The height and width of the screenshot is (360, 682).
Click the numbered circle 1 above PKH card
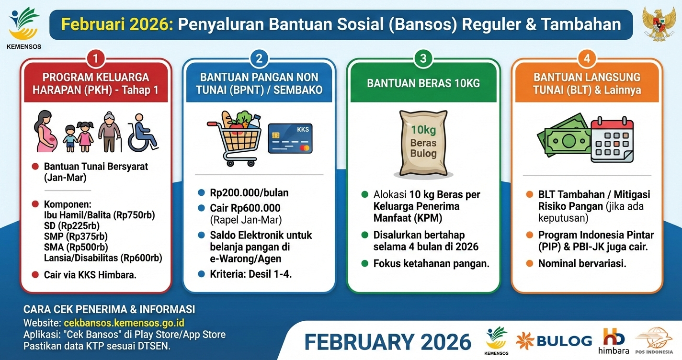coord(96,59)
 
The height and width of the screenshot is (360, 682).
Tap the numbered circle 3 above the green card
coord(423,59)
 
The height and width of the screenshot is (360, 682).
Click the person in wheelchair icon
coord(142,133)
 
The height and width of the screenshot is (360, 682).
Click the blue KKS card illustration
coord(290,138)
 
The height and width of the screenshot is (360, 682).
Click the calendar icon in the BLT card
coord(612,139)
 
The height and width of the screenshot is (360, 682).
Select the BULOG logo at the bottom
coord(554,341)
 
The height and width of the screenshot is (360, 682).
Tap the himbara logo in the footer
coord(614,340)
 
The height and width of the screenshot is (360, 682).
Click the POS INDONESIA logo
coord(654,341)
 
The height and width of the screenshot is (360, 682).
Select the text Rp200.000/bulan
coord(249,193)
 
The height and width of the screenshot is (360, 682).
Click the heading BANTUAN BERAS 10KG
coord(423,83)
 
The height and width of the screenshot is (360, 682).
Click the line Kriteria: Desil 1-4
coord(251,274)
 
